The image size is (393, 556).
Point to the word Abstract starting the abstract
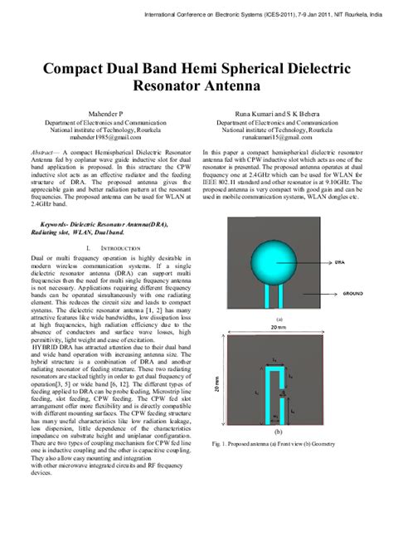tap(43, 154)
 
